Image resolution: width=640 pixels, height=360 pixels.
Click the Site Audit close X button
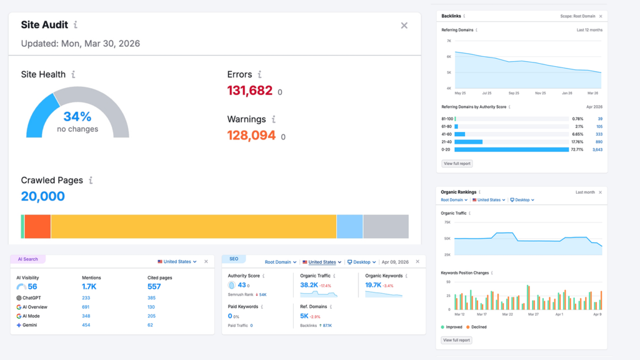[404, 26]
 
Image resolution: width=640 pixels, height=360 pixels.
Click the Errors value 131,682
[249, 91]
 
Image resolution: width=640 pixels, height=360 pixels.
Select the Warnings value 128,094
[251, 136]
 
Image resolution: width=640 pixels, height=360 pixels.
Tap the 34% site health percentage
[77, 117]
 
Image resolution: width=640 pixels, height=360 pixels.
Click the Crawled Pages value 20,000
[42, 196]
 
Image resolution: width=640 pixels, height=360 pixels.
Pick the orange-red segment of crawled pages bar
[37, 226]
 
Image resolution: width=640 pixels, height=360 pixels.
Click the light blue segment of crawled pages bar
[349, 226]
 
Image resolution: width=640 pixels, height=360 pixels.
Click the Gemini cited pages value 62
[150, 326]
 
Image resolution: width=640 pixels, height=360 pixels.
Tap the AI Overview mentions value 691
[86, 307]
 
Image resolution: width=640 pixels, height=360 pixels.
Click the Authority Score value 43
[241, 285]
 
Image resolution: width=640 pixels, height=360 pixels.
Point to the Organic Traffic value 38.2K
[309, 285]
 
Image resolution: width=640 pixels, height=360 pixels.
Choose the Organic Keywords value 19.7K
[373, 285]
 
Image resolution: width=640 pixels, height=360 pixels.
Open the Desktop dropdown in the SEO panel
[361, 262]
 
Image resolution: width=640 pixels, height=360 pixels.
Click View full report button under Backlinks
[457, 164]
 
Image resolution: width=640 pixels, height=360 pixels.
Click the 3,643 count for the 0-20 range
[597, 150]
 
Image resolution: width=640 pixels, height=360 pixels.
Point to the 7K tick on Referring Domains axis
[448, 41]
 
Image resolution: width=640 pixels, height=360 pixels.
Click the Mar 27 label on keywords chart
[532, 314]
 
